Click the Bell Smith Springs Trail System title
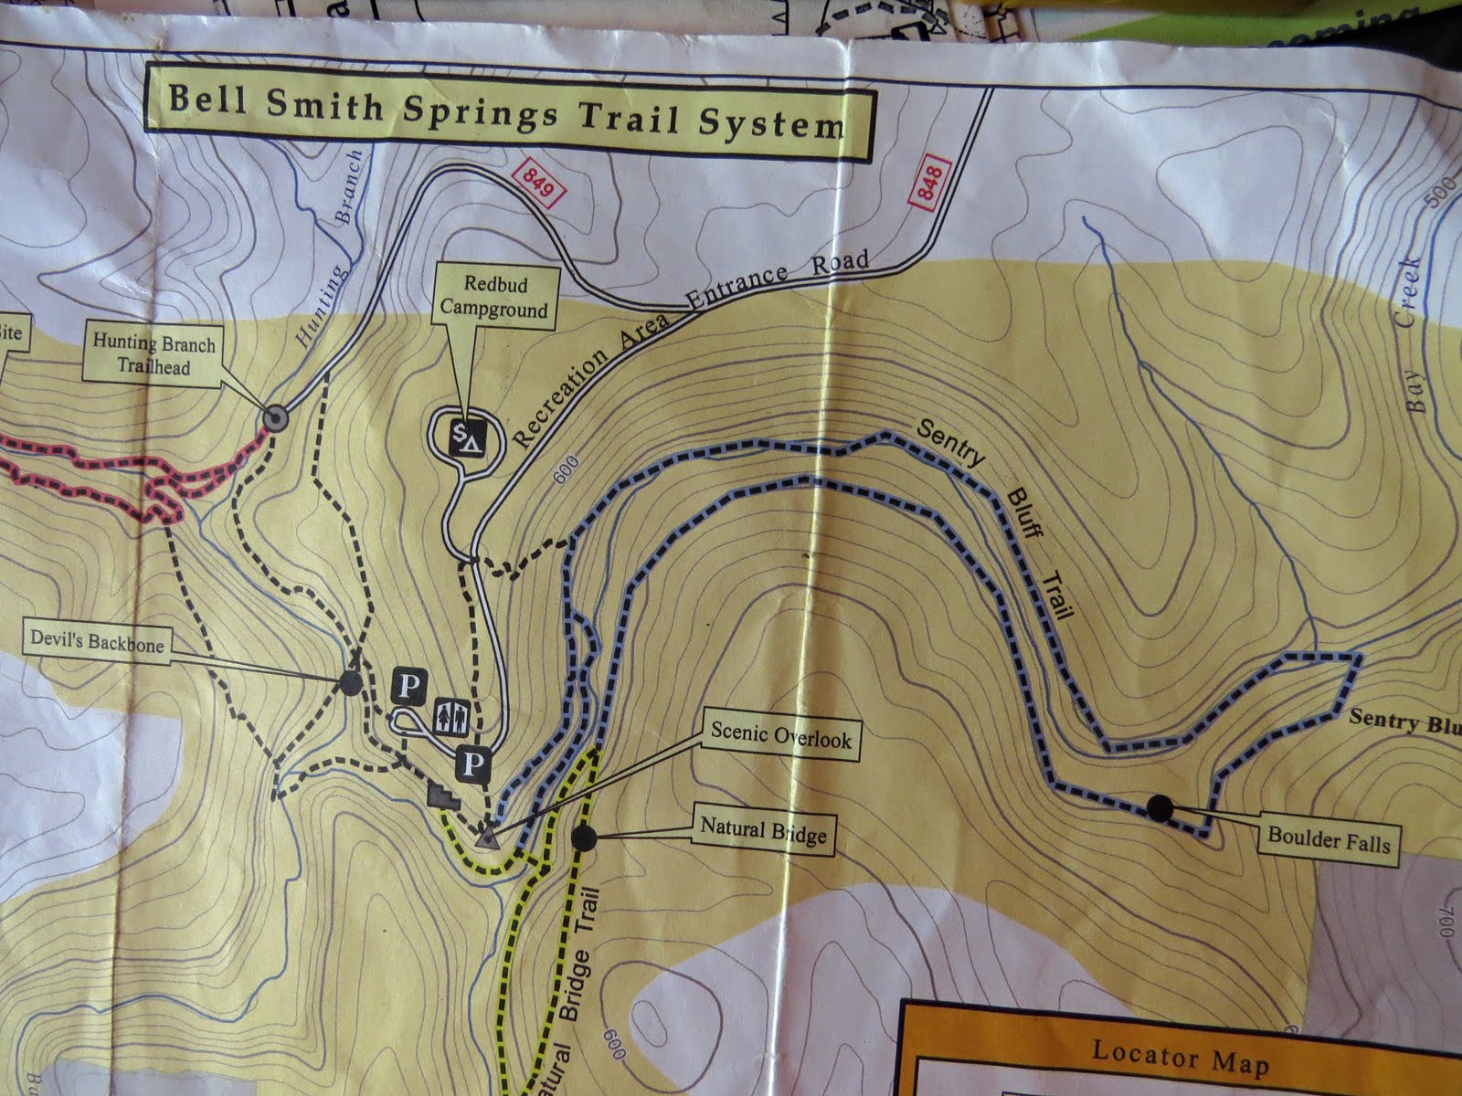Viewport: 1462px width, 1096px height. click(504, 111)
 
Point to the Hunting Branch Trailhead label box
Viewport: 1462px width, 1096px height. click(153, 355)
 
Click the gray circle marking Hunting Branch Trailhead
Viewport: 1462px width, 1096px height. click(275, 418)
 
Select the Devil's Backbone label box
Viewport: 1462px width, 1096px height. click(97, 645)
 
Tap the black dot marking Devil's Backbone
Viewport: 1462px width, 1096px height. click(348, 681)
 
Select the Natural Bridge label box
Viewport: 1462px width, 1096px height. click(762, 832)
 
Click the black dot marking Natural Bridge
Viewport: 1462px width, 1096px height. click(582, 835)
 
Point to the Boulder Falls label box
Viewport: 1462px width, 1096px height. click(1327, 836)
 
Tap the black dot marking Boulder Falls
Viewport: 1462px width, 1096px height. click(1160, 807)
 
